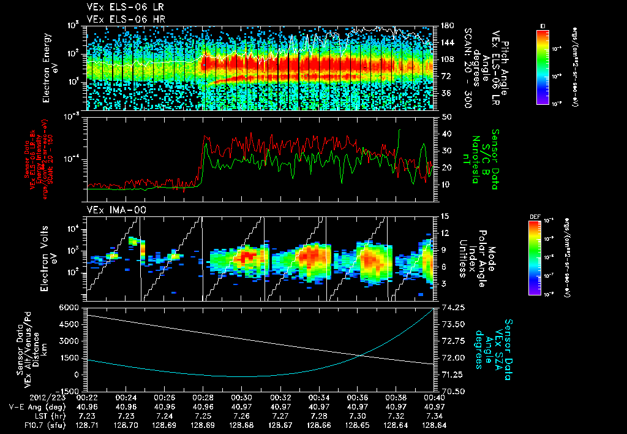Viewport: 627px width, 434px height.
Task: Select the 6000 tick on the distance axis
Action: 72,307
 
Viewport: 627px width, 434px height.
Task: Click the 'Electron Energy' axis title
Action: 50,67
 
